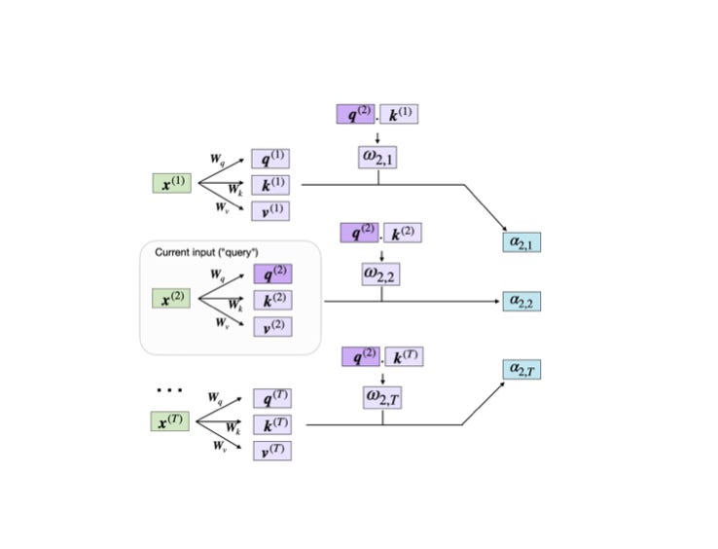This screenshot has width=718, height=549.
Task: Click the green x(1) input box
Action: coord(172,183)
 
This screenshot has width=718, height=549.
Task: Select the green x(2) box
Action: coord(171,299)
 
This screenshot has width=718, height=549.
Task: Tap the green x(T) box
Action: coord(170,421)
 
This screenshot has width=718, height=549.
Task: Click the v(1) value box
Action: coord(270,211)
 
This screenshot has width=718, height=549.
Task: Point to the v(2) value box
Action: coord(272,327)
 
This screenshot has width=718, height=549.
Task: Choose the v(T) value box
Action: coord(271,451)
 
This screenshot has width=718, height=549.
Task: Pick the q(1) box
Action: coord(270,159)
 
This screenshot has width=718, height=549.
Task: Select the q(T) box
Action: coord(271,398)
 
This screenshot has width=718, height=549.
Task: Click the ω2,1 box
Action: coord(377,157)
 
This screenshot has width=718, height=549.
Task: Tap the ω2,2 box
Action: coord(380,274)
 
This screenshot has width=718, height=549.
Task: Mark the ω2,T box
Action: coord(382,397)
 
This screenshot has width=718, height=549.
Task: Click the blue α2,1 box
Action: coord(521,241)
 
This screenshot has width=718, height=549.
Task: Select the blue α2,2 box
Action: coord(521,302)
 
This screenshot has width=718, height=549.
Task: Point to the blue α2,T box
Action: coord(521,370)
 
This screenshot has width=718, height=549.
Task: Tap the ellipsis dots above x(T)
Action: coord(169,391)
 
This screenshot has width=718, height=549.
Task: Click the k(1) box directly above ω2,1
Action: coord(399,114)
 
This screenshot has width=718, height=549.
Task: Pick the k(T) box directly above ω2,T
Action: coord(404,357)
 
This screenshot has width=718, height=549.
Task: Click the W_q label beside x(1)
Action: coord(217,158)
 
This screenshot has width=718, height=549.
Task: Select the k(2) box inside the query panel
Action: coord(272,300)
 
